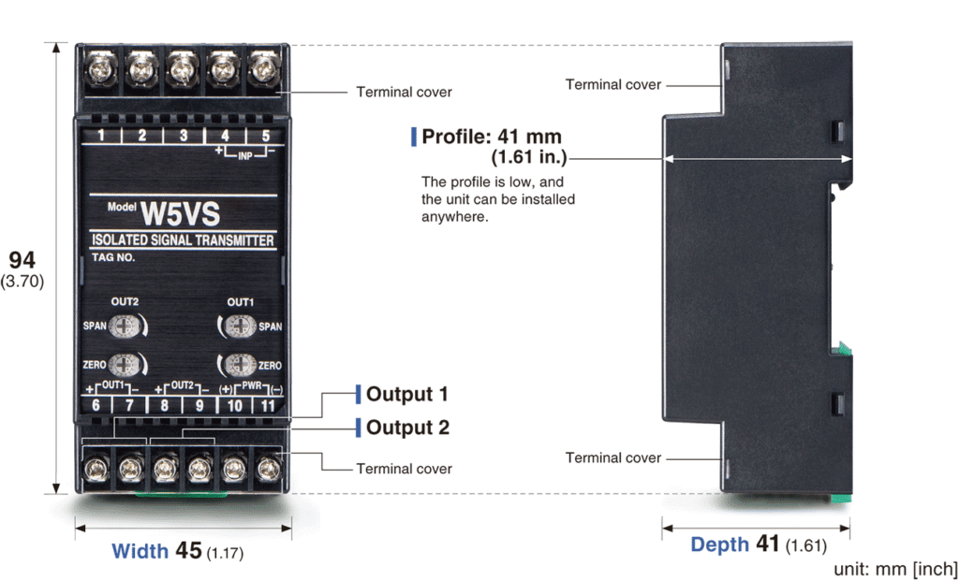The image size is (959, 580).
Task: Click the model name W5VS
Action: pos(178,213)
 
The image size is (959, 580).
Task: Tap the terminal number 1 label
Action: pos(100,136)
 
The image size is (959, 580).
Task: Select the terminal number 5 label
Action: pos(265,136)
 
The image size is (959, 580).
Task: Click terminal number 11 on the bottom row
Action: pos(270,405)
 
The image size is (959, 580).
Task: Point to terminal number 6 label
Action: pos(96,405)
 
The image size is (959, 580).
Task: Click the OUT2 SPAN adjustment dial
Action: pos(122,326)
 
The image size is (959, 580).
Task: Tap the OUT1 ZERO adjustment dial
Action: pos(238,365)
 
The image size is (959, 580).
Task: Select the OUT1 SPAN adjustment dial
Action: pos(238,326)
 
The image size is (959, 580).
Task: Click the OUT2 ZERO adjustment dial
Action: pos(122,365)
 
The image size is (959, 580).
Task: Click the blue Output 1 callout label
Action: pos(406,394)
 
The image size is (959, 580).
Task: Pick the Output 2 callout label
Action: pos(407,428)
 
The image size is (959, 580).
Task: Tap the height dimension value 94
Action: pos(22,260)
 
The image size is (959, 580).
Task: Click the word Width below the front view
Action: pos(140,551)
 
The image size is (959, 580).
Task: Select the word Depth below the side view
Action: pos(719,544)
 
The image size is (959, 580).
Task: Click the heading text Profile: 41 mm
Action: pos(492,137)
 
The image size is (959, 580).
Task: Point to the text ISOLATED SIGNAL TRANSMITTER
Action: pos(183,240)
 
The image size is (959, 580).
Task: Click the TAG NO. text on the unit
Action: pos(113,256)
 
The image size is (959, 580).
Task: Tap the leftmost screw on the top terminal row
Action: pos(100,67)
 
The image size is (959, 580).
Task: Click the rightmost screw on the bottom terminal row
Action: pos(270,466)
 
